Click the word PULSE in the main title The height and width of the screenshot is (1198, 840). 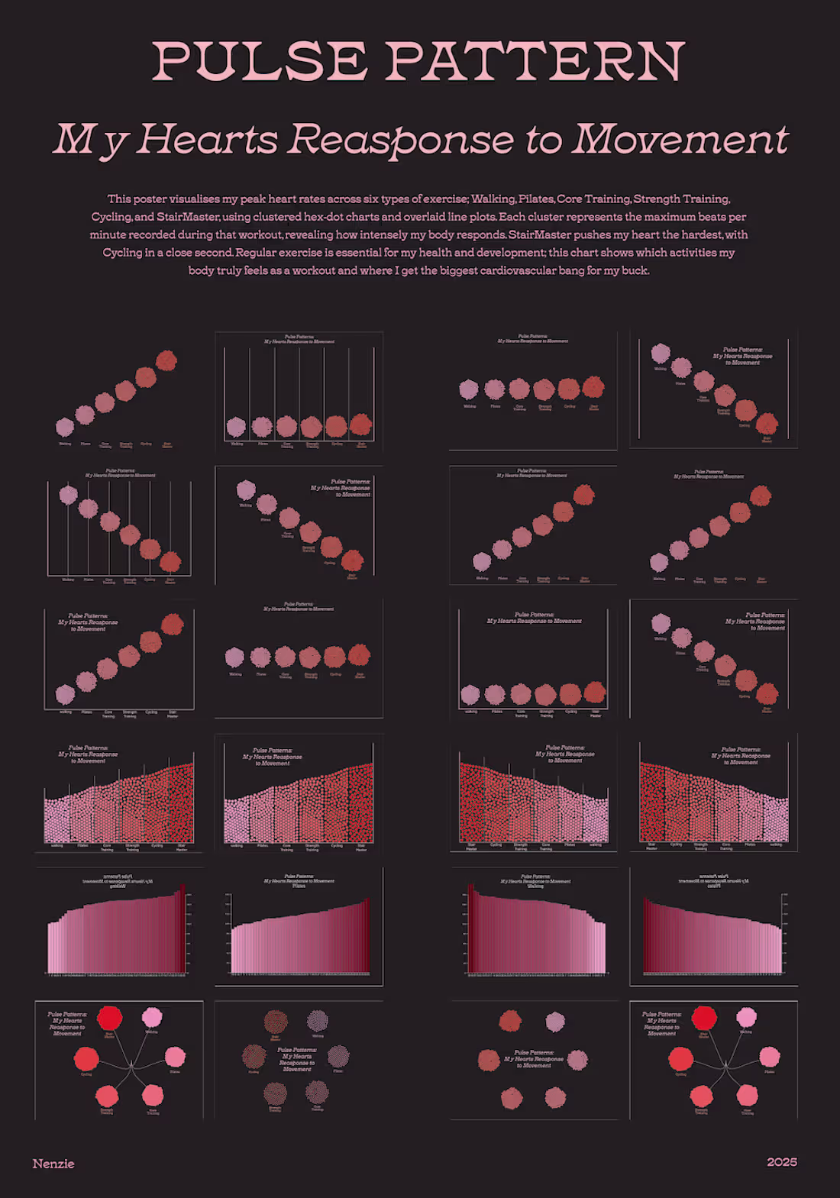(260, 62)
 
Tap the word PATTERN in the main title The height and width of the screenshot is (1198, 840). (535, 62)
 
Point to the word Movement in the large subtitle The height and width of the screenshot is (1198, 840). (680, 140)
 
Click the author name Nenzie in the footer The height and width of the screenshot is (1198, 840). (53, 1164)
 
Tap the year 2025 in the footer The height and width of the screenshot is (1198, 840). (782, 1162)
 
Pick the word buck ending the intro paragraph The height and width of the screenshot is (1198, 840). (634, 270)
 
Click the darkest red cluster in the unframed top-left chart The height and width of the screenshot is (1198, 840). (166, 360)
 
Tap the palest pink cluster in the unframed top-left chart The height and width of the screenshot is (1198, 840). (65, 427)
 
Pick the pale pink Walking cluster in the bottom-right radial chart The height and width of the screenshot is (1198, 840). (746, 1017)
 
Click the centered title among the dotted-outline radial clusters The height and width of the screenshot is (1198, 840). (297, 1060)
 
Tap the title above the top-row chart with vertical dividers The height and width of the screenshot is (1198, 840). (299, 339)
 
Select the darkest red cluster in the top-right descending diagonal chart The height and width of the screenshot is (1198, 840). (767, 423)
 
